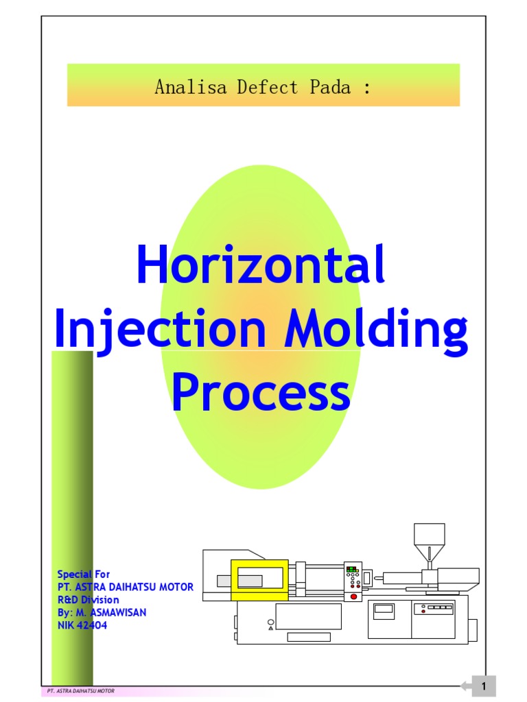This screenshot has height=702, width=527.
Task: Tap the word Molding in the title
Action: click(377, 330)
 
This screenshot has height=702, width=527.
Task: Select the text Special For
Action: click(83, 574)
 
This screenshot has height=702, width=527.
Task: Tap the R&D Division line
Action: click(88, 600)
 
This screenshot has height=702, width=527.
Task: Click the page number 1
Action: click(484, 686)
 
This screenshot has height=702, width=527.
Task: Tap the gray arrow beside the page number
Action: click(465, 686)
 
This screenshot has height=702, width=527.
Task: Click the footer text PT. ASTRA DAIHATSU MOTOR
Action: click(76, 692)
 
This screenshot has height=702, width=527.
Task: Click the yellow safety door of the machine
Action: click(259, 580)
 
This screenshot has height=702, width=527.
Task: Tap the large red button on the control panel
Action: click(354, 597)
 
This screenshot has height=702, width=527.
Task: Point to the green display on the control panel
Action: click(353, 569)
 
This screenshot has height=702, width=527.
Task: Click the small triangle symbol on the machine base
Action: click(271, 628)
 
